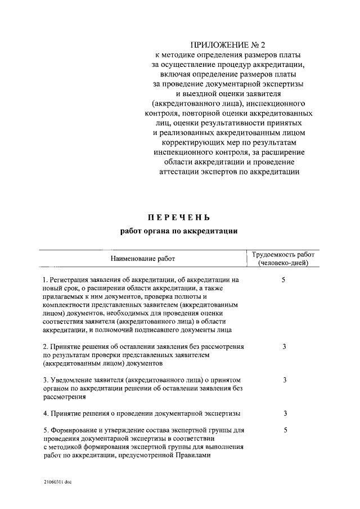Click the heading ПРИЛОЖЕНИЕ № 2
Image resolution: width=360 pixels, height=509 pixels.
pos(228,44)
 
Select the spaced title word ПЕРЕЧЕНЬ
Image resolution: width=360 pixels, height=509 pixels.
pos(180,218)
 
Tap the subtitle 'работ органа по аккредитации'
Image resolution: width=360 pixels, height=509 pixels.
pos(180,231)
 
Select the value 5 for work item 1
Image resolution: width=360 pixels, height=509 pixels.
pos(285,279)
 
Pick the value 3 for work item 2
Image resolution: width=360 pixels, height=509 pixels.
pos(285,346)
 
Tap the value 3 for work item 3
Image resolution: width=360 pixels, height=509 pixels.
pos(285,380)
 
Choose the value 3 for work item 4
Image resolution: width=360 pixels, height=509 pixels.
pos(285,413)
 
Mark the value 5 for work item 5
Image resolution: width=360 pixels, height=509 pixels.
pos(285,430)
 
